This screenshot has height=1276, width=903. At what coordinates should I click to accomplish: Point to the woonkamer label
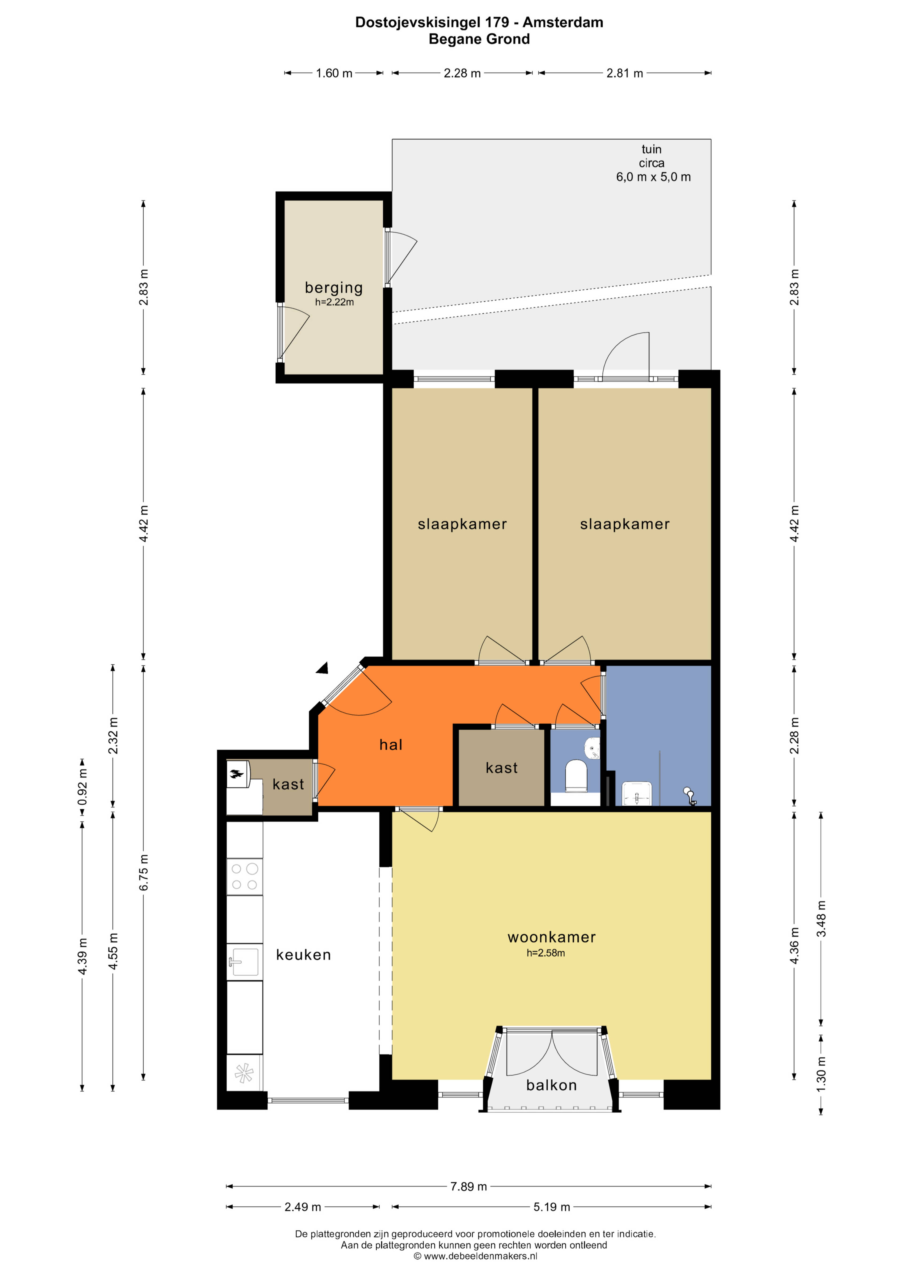point(552,937)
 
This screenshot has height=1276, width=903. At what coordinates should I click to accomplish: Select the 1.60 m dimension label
point(334,73)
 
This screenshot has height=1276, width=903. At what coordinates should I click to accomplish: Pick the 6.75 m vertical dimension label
point(143,872)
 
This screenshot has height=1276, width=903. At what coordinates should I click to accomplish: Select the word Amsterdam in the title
point(563,22)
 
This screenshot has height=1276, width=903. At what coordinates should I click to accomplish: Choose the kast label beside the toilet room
point(502,768)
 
